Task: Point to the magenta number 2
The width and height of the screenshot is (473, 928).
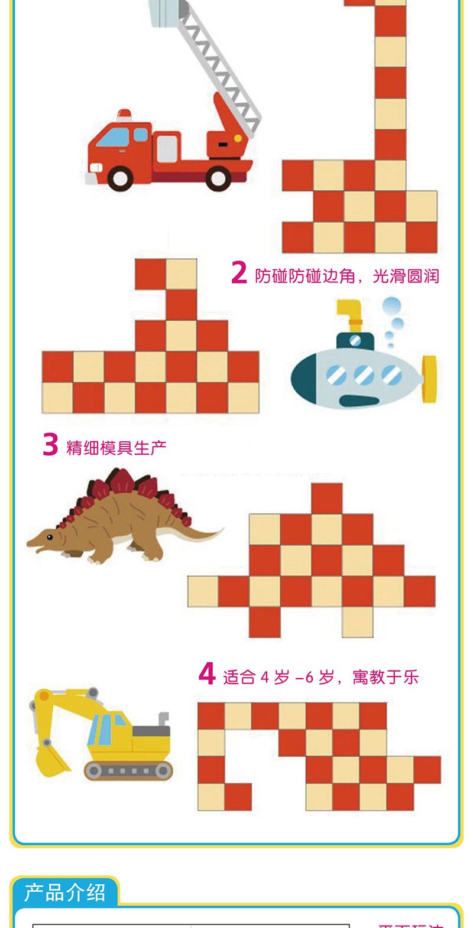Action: [238, 273]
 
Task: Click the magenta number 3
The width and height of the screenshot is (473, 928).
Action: [50, 445]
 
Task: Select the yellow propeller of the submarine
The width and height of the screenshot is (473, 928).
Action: [429, 379]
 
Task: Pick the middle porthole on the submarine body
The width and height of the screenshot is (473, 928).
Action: [365, 375]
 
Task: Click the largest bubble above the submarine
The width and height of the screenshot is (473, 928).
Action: [392, 306]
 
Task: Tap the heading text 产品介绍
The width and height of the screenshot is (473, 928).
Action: [65, 892]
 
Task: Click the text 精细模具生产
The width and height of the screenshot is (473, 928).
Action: [116, 447]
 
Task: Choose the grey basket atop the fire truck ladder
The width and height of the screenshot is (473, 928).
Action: [168, 11]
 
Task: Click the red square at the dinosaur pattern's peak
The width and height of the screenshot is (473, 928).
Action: [326, 498]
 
